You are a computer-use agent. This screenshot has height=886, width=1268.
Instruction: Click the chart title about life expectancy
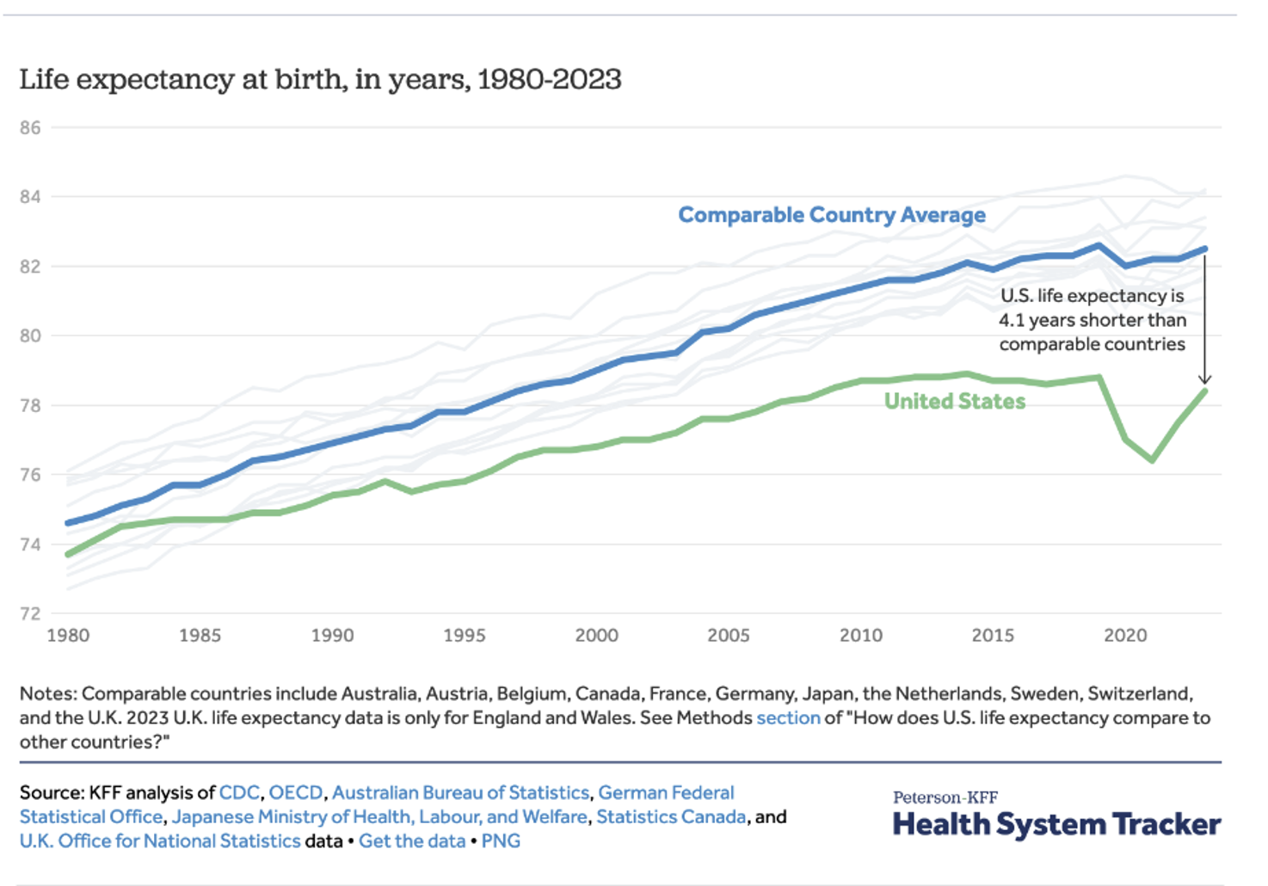pyautogui.click(x=320, y=80)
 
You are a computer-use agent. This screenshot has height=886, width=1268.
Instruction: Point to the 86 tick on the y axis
pyautogui.click(x=30, y=128)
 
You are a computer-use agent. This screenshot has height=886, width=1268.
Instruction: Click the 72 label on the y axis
pyautogui.click(x=30, y=614)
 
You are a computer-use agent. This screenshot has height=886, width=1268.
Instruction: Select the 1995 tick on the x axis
pyautogui.click(x=464, y=636)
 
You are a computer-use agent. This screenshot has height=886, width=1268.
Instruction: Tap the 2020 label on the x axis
pyautogui.click(x=1124, y=636)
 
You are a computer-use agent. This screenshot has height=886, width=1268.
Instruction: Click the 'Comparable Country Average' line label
pyautogui.click(x=831, y=215)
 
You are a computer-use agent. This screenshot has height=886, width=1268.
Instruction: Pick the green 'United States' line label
pyautogui.click(x=954, y=402)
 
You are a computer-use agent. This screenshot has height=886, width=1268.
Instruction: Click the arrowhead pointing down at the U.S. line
pyautogui.click(x=1204, y=379)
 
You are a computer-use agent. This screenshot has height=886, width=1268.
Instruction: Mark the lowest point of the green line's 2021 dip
pyautogui.click(x=1152, y=460)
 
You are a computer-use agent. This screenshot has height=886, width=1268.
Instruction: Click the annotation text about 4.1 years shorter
pyautogui.click(x=1092, y=320)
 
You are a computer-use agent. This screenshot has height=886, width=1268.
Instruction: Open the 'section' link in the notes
pyautogui.click(x=788, y=718)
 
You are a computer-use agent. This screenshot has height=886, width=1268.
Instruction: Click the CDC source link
pyautogui.click(x=239, y=793)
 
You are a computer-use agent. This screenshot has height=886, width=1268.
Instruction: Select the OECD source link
pyautogui.click(x=296, y=793)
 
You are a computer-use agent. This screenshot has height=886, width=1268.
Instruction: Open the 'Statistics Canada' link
pyautogui.click(x=671, y=817)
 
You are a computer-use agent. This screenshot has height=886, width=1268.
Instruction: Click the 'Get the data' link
pyautogui.click(x=411, y=841)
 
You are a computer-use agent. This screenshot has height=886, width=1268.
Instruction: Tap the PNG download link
pyautogui.click(x=501, y=841)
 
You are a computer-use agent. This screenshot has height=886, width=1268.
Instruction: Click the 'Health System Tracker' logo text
pyautogui.click(x=1056, y=824)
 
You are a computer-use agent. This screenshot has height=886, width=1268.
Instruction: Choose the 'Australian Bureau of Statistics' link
pyautogui.click(x=460, y=793)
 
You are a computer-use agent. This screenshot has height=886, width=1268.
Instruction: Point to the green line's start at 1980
pyautogui.click(x=68, y=555)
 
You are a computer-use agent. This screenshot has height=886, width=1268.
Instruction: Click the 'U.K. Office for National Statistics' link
pyautogui.click(x=160, y=841)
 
